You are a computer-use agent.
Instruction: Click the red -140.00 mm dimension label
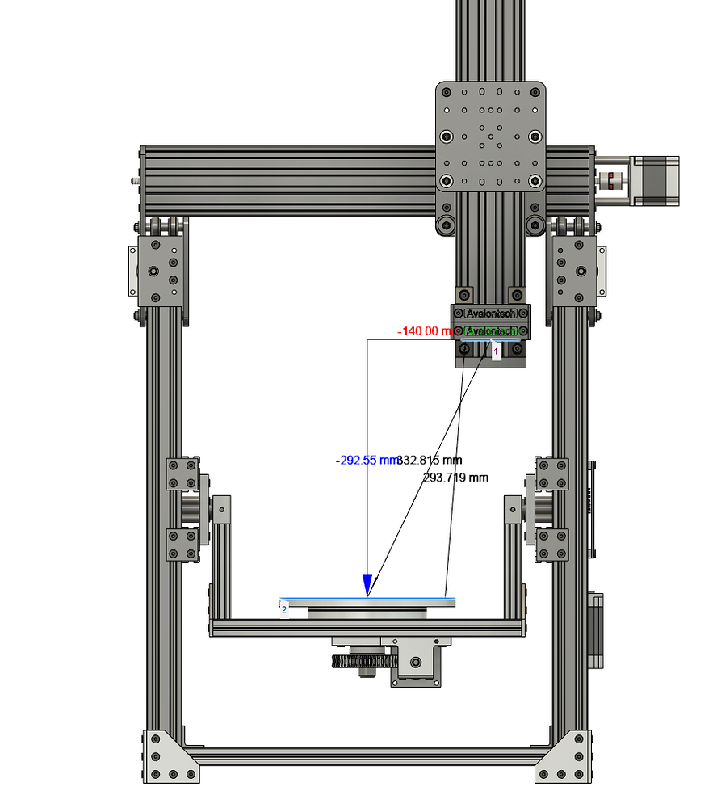pos(423,331)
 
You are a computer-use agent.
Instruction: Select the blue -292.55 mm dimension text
pos(365,461)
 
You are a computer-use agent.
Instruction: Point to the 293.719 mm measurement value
pos(455,478)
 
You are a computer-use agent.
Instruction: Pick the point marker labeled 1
pos(496,351)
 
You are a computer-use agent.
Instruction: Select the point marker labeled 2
pos(284,610)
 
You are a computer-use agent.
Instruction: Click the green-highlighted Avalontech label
pos(491,331)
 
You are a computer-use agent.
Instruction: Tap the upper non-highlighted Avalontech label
pos(491,313)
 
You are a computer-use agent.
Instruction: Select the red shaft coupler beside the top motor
pos(616,179)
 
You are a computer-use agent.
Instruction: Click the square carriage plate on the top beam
pos(491,136)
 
